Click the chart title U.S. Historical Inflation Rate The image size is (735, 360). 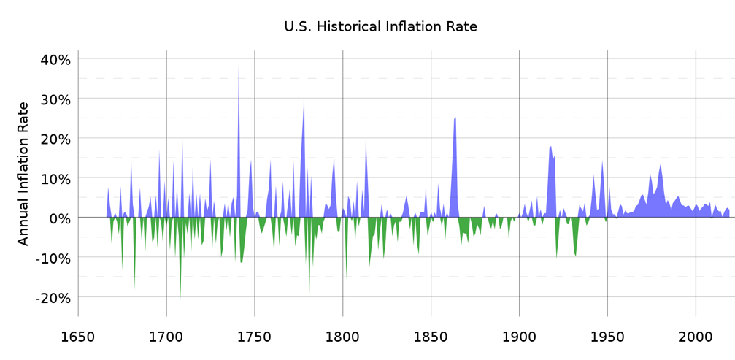coord(380,27)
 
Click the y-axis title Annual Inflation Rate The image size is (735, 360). coord(23,174)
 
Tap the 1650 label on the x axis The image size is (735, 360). coord(78,337)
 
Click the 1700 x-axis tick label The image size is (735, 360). coord(166,337)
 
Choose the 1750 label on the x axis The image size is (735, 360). coord(255,337)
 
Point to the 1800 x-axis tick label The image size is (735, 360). coord(343,337)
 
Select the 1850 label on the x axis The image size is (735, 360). coord(431,337)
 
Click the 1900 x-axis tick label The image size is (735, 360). coord(519,337)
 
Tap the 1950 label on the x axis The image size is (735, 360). coord(607,337)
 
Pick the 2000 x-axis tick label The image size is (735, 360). coord(696,337)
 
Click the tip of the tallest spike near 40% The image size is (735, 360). coord(239,66)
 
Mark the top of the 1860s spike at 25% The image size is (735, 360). coord(455,118)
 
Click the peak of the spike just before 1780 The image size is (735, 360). coord(304,100)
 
